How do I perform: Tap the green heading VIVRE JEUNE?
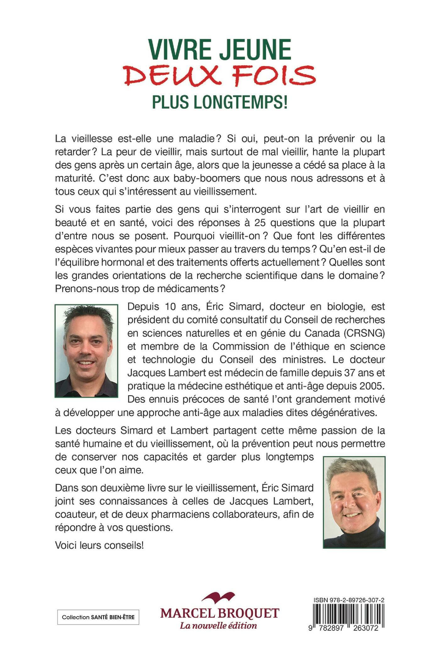coord(220,49)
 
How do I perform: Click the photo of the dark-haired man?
coord(86,351)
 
